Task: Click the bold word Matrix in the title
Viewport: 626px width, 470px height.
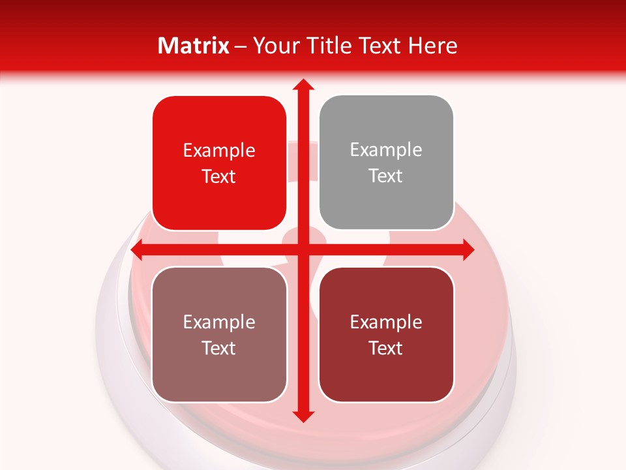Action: pos(194,46)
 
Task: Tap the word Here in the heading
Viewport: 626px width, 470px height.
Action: pos(432,46)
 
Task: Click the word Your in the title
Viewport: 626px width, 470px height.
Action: pos(274,46)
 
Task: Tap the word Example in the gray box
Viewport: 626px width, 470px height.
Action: pos(386,150)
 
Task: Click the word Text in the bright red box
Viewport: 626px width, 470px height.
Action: pos(219,177)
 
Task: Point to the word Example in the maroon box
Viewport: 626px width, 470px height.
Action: pos(386,322)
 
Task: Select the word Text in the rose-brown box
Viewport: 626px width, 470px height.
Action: pos(219,349)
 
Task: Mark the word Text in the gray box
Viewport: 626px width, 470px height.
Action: pos(386,176)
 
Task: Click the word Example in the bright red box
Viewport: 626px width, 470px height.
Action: pos(219,151)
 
